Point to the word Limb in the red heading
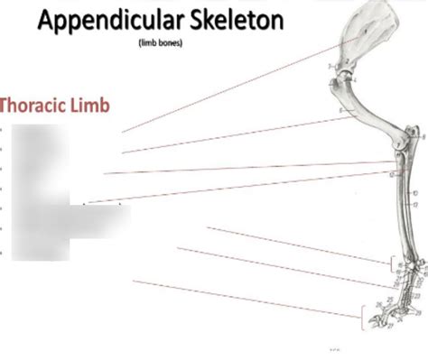pyautogui.click(x=95, y=106)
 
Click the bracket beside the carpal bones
pyautogui.click(x=390, y=264)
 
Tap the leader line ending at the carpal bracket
pyautogui.click(x=298, y=245)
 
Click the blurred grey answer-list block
pyautogui.click(x=54, y=198)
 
